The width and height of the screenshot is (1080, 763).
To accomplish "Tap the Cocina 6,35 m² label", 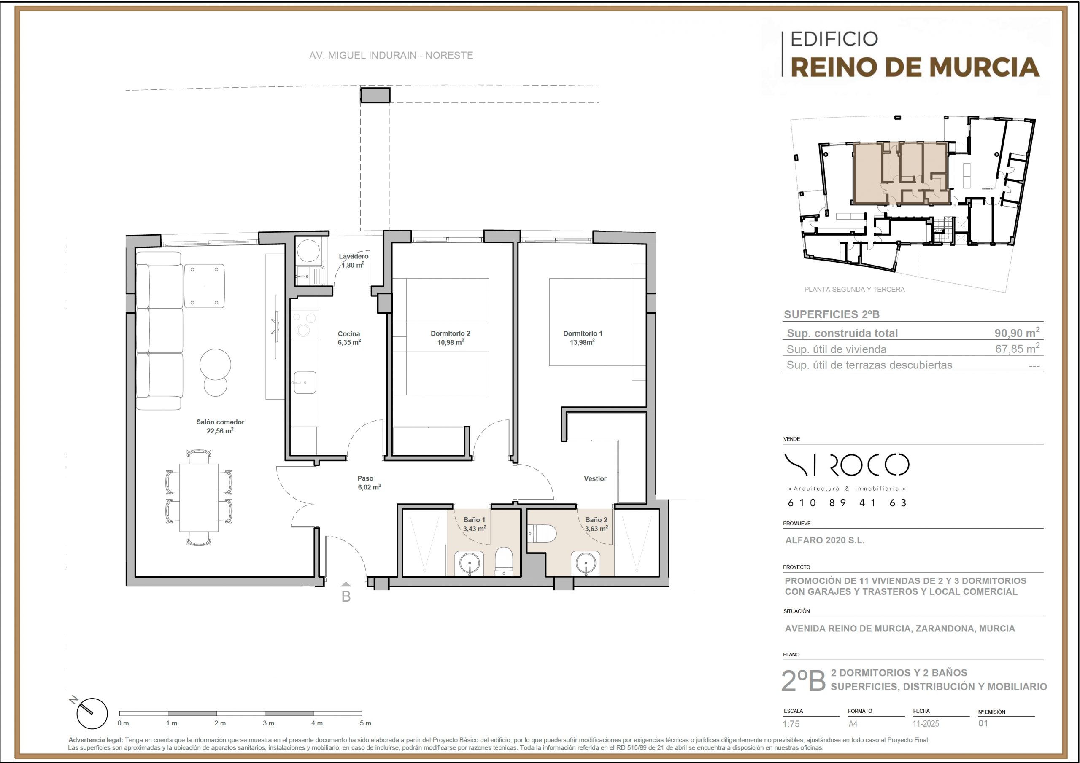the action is (x=349, y=338).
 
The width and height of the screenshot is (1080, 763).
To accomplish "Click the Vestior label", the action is (x=595, y=478).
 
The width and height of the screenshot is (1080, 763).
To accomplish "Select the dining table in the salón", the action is (x=199, y=497).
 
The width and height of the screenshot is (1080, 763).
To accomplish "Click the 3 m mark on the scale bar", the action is (x=268, y=723).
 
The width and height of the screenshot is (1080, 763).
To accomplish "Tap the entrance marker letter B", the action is (x=346, y=596).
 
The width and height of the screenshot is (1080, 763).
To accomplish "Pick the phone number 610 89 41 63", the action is (x=847, y=502).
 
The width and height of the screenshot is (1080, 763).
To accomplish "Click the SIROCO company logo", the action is (x=847, y=465).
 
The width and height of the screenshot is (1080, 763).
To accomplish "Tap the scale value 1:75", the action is (x=791, y=724).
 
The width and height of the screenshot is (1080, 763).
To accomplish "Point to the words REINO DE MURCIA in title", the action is (x=915, y=67).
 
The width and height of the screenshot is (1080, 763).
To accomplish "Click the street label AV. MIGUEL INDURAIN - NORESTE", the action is (x=391, y=56).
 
